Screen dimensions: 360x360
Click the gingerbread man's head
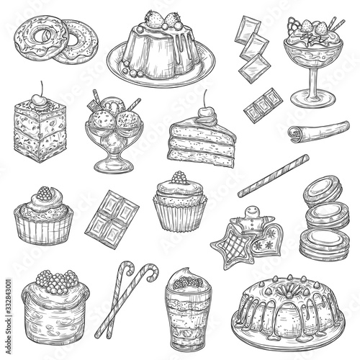click(251, 212)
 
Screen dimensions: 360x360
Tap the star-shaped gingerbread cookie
click(232, 247)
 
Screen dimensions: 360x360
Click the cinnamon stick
click(319, 132)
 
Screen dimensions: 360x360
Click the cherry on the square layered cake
click(39, 99)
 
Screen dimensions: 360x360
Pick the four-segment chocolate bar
click(112, 220)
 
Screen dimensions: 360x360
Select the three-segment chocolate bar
click(264, 106)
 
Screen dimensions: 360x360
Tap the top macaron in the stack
click(323, 191)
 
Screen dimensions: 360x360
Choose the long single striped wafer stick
click(274, 176)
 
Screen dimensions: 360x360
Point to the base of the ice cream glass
click(113, 166)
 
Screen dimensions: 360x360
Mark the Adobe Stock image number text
click(8, 316)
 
